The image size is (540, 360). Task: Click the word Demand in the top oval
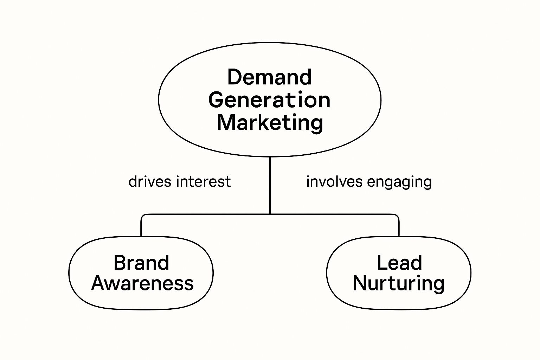click(x=270, y=77)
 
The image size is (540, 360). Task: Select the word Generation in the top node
click(x=270, y=100)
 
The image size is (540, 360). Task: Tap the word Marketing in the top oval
click(x=270, y=123)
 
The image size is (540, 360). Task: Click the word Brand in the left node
click(x=141, y=263)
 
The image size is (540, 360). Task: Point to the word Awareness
click(x=142, y=283)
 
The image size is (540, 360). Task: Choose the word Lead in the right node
click(x=399, y=263)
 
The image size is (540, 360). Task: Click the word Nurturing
click(x=399, y=283)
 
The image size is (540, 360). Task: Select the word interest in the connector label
click(x=204, y=182)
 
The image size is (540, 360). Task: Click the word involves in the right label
click(x=334, y=182)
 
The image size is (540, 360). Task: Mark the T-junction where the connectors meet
click(x=270, y=214)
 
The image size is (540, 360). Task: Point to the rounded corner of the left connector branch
click(x=142, y=216)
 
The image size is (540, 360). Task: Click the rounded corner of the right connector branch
click(x=397, y=216)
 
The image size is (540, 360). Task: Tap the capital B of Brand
click(x=120, y=263)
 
